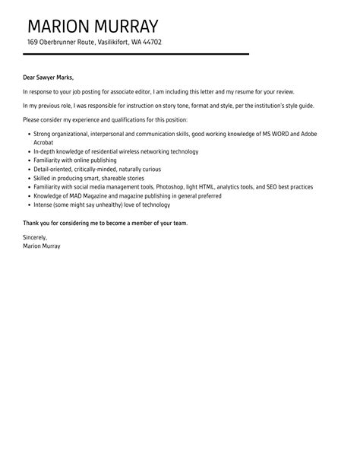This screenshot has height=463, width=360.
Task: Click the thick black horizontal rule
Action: (137, 54)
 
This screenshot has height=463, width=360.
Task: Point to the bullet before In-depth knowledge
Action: (28, 152)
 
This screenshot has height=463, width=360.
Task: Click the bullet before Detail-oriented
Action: (28, 170)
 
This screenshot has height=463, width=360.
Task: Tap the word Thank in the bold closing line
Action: (32, 223)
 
